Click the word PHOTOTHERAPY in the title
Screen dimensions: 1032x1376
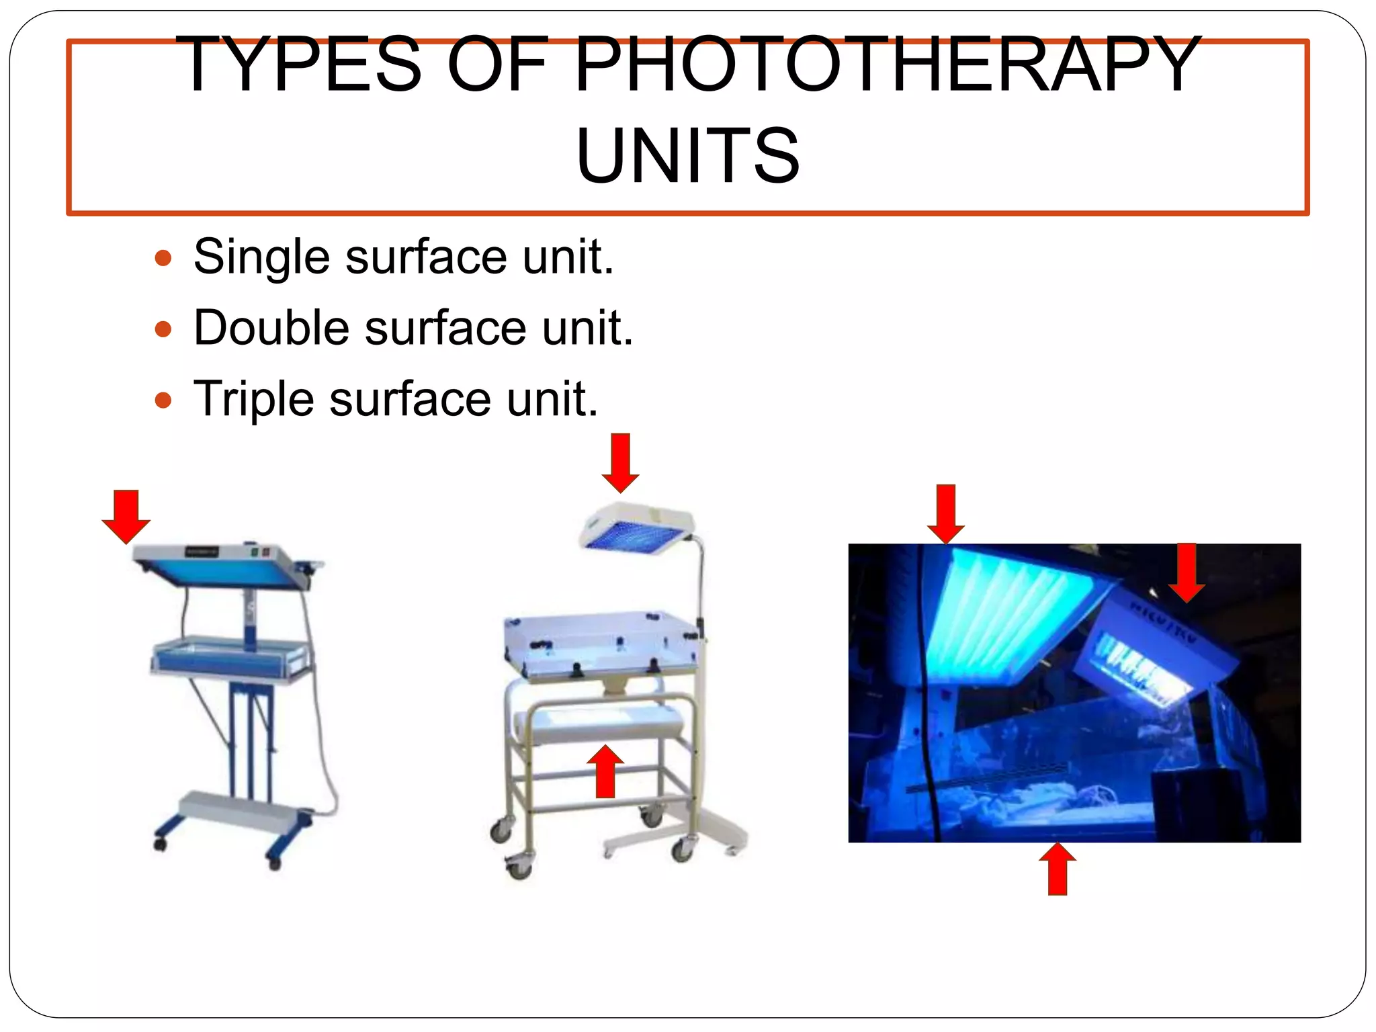[x=887, y=65]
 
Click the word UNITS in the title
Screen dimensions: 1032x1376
[x=687, y=156]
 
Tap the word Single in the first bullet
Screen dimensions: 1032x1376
[x=261, y=257]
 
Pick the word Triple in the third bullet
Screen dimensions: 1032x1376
[x=253, y=399]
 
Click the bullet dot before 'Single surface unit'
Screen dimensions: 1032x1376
[x=163, y=258]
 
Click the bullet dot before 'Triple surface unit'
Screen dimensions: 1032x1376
[x=163, y=401]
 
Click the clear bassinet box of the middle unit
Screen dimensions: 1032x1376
[x=602, y=645]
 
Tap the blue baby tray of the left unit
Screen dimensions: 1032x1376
[x=230, y=658]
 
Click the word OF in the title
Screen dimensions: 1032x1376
[x=497, y=65]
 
